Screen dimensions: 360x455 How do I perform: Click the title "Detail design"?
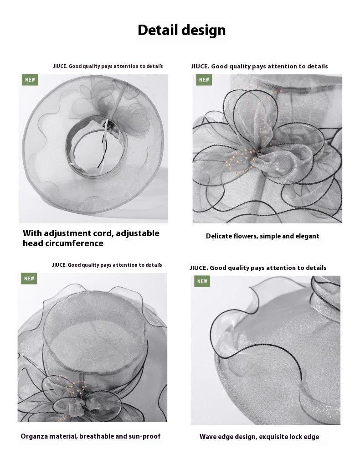point(182,30)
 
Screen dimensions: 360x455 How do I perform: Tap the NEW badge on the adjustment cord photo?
point(30,80)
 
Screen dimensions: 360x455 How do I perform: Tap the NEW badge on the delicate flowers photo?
point(204,80)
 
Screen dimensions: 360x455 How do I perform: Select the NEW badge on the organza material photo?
point(29,279)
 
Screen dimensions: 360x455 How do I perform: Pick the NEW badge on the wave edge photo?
point(202,281)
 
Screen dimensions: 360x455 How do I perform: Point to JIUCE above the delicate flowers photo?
point(200,66)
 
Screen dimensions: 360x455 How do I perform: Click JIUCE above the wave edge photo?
point(199,268)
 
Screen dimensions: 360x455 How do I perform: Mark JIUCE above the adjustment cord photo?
point(60,66)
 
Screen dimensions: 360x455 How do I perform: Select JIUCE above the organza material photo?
point(59,265)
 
